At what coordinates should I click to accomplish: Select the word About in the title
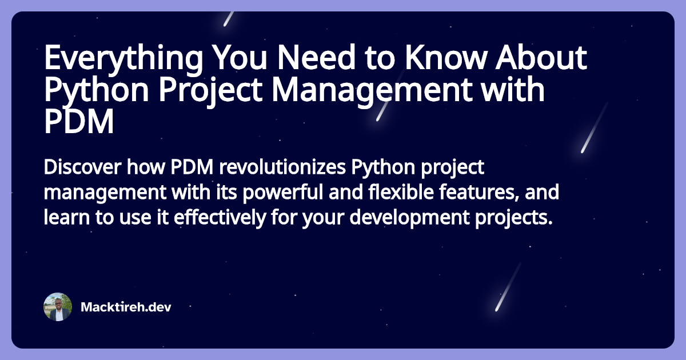pos(541,57)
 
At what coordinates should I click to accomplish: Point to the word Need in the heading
pos(316,57)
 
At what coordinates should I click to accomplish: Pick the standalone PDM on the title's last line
pos(79,122)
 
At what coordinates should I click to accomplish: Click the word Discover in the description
pos(82,167)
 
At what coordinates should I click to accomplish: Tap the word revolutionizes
pos(282,167)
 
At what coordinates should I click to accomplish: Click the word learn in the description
pos(67,217)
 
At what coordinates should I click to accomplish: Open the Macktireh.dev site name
pos(126,307)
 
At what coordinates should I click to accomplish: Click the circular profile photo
pos(58,307)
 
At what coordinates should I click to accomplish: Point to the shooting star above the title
pos(229,19)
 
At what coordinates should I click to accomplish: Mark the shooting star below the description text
pos(508,287)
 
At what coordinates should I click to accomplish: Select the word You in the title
pos(240,57)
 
